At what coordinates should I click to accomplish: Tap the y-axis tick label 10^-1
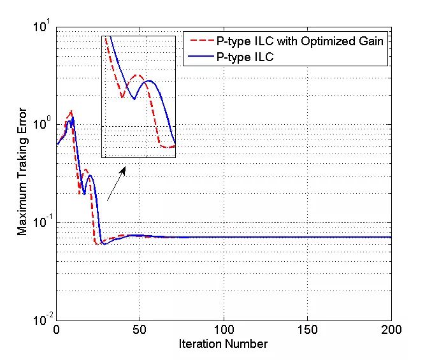click(43, 222)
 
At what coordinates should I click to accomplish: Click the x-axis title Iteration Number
click(223, 344)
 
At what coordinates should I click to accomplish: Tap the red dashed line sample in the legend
click(196, 42)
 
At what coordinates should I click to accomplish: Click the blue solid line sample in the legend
click(196, 57)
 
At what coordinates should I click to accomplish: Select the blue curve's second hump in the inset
click(149, 81)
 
